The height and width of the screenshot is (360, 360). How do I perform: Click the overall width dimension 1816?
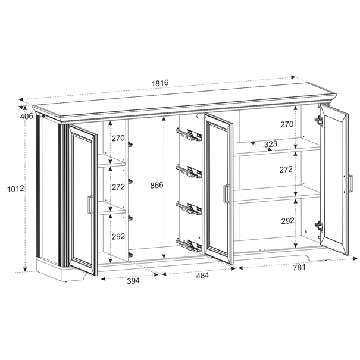[x=160, y=83]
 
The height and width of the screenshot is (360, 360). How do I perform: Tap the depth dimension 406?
[x=27, y=117]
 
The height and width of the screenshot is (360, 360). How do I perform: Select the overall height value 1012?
[x=15, y=189]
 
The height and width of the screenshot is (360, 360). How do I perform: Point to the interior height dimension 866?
[x=157, y=185]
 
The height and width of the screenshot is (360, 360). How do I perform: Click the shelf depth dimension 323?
[x=271, y=144]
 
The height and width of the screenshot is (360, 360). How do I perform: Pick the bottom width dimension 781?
[x=299, y=267]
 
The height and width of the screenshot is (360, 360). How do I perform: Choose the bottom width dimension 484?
[x=202, y=276]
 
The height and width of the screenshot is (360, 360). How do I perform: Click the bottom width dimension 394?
[x=133, y=281]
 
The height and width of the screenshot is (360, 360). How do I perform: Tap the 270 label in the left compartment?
[x=118, y=138]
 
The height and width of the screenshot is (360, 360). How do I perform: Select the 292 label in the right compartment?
[x=287, y=221]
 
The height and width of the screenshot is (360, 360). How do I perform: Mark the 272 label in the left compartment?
[x=118, y=187]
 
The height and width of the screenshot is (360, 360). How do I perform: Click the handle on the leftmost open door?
[x=90, y=205]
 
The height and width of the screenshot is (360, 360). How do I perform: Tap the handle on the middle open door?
[x=226, y=193]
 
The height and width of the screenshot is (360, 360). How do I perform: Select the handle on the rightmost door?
[x=350, y=184]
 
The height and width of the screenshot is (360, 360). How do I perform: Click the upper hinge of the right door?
[x=318, y=120]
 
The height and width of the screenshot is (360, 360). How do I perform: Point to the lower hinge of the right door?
[x=319, y=226]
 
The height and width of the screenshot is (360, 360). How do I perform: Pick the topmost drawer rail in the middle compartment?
[x=189, y=134]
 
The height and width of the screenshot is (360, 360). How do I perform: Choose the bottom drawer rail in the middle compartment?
[x=189, y=245]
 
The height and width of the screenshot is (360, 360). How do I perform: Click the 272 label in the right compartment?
[x=286, y=170]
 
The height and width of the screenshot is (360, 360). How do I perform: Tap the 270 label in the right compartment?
[x=287, y=124]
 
